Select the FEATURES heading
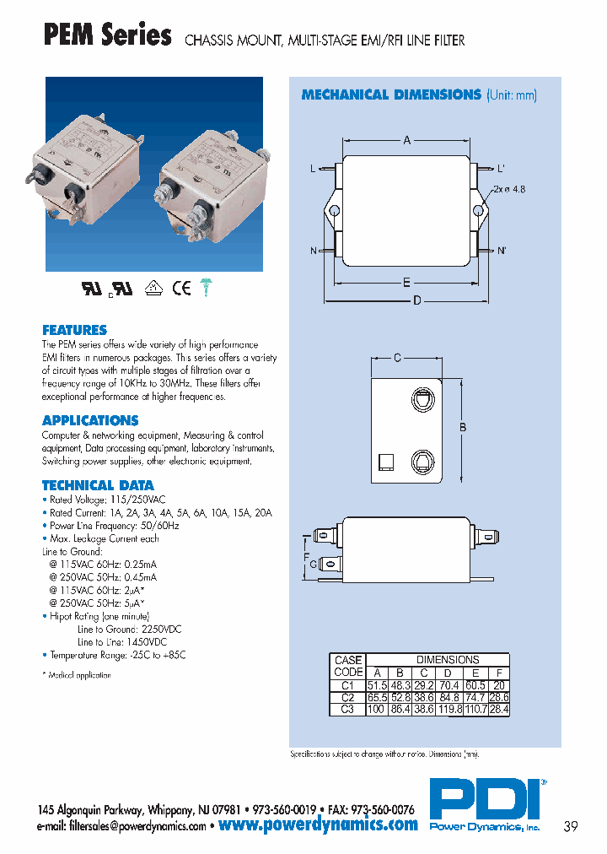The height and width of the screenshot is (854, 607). tap(74, 330)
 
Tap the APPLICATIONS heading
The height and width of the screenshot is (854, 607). tap(90, 420)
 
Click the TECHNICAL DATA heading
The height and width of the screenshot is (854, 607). tap(98, 485)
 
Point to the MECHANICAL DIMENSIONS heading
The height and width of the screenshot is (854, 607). tap(391, 95)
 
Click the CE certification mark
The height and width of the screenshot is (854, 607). tap(181, 288)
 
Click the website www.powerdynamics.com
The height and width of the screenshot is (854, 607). tap(318, 825)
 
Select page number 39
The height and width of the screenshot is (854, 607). tap(570, 826)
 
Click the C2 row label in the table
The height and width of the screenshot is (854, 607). tap(347, 698)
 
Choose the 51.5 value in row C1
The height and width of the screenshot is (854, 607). tap(376, 685)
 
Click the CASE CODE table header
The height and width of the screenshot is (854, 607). tap(347, 666)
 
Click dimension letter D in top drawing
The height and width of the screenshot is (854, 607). tap(416, 301)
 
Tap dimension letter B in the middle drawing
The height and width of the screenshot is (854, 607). tap(463, 428)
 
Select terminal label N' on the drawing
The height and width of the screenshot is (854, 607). tap(501, 251)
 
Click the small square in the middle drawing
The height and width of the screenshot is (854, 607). tap(386, 462)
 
